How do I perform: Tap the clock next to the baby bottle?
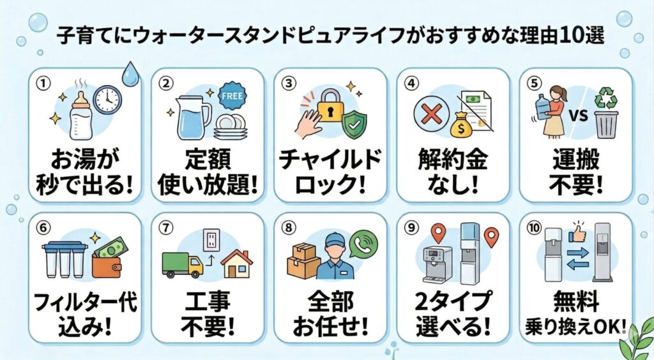[x=107, y=100]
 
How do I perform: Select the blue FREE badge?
[x=232, y=96]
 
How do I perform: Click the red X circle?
[x=432, y=114]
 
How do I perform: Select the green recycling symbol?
[x=606, y=99]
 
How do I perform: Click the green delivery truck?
[x=182, y=265]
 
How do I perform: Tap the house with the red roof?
[x=237, y=264]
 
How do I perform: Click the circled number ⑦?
[x=167, y=228]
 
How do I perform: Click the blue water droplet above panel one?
[x=130, y=74]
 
